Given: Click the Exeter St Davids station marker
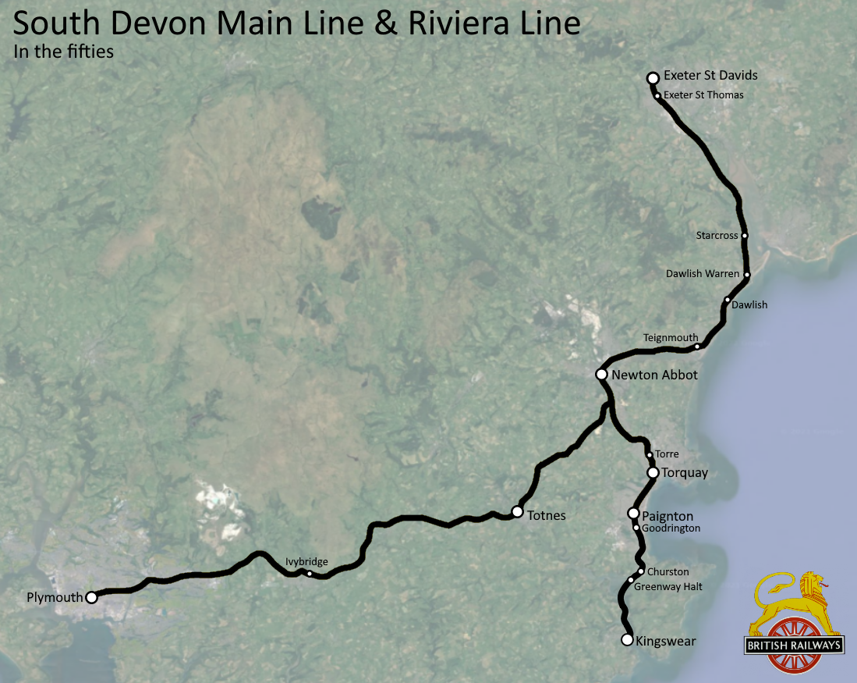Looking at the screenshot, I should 653,77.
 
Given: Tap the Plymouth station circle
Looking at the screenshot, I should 91,597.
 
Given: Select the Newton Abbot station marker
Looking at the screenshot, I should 601,375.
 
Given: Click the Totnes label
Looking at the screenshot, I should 546,515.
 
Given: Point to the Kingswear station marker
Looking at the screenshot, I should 626,640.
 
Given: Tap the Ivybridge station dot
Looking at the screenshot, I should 310,574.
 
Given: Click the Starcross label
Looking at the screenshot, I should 717,235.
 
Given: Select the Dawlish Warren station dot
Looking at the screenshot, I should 747,275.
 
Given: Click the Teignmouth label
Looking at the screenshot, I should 671,337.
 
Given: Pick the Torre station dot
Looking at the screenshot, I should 649,454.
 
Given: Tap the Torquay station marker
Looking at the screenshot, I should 653,472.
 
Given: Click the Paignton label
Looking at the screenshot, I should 667,516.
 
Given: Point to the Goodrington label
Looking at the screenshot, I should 671,528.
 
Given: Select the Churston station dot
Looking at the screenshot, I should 641,571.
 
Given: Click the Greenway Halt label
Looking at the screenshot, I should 669,586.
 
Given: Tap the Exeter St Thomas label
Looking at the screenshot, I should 703,95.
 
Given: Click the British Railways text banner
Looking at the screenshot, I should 795,646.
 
